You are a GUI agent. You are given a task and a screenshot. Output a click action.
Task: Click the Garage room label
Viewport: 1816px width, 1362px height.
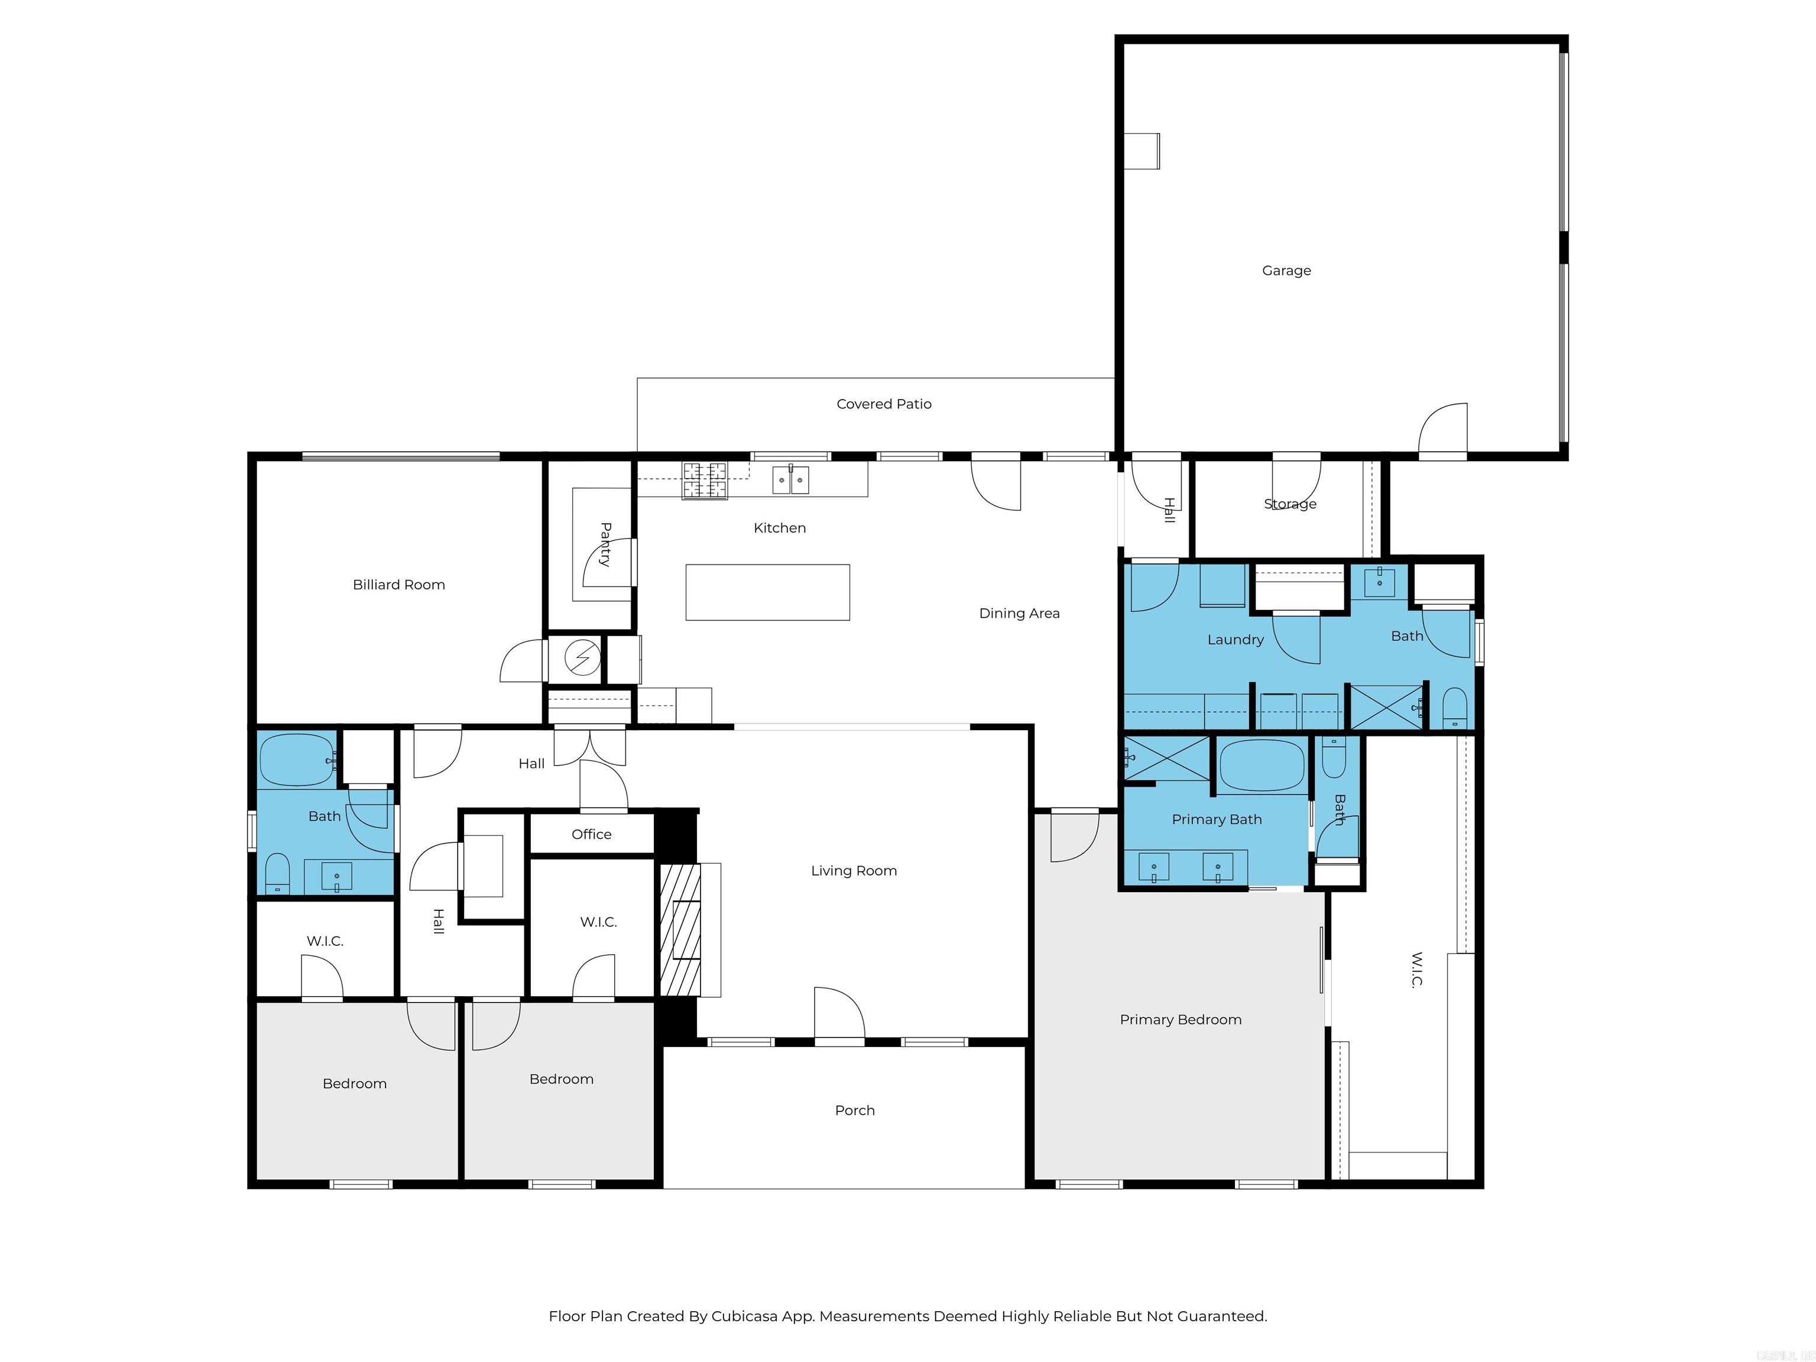1286,270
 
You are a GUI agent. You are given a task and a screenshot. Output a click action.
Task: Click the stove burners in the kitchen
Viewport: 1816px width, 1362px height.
705,480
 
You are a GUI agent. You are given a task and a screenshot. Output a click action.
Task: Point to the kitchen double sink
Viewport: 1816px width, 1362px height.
790,479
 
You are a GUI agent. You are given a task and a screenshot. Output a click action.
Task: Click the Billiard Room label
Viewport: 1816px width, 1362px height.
398,585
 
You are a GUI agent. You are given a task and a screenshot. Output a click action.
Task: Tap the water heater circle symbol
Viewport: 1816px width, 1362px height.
583,657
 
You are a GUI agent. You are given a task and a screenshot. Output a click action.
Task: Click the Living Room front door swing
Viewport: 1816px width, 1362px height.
839,1014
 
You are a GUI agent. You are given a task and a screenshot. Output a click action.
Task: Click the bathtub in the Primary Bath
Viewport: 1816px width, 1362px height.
1262,765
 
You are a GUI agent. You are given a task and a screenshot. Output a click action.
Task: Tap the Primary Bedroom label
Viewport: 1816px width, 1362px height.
1180,1020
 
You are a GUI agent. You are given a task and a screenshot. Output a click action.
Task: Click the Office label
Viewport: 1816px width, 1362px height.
591,834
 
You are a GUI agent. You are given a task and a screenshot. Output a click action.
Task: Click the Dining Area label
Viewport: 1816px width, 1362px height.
1019,613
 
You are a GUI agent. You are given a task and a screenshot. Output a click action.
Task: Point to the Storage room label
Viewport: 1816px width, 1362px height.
1290,504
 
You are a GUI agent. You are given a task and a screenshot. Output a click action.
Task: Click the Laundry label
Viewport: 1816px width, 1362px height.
1235,640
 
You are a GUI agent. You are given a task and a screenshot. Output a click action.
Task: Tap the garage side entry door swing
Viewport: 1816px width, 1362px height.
1443,429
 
